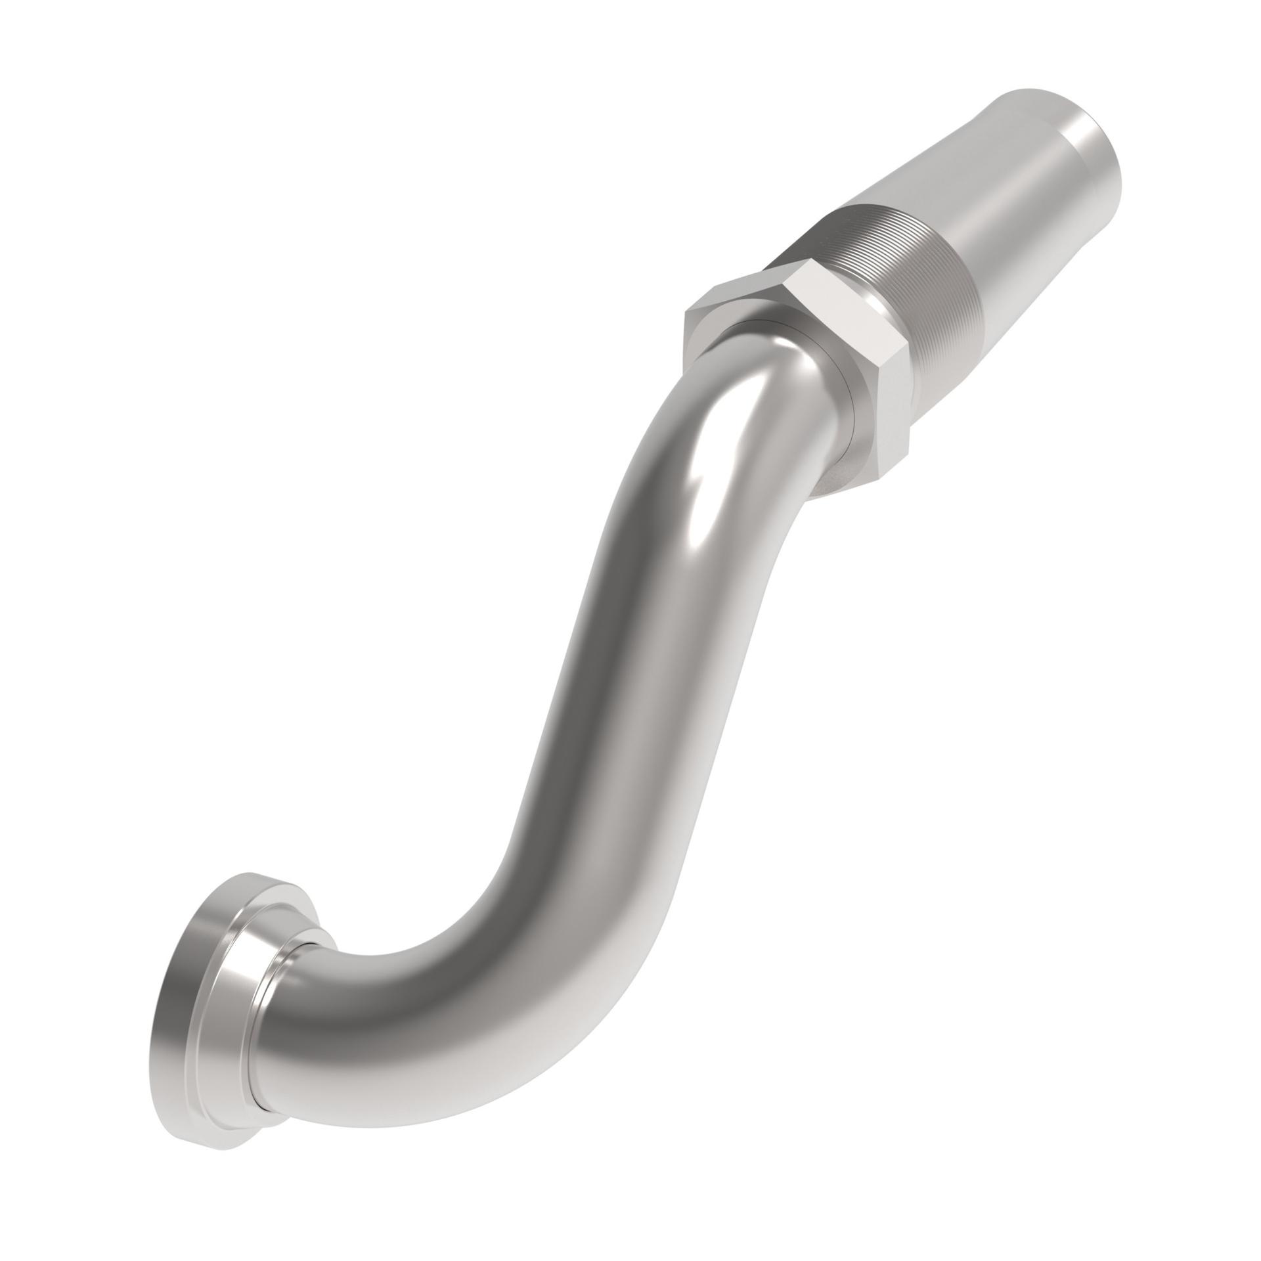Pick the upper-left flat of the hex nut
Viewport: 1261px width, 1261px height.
(742, 289)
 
